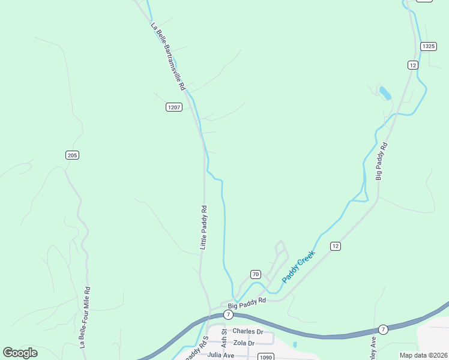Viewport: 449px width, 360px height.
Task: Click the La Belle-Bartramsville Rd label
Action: tap(167, 56)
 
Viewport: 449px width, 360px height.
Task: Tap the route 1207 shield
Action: tap(173, 107)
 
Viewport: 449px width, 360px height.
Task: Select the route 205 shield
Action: tap(72, 155)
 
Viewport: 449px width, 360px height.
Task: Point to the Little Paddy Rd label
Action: tap(203, 227)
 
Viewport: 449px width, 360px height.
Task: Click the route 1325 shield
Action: tap(428, 46)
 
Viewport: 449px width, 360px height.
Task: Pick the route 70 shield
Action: tap(255, 274)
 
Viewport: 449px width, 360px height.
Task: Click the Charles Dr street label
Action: tap(248, 331)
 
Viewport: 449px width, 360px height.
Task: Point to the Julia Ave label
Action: tap(221, 355)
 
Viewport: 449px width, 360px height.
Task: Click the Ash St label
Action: tap(224, 338)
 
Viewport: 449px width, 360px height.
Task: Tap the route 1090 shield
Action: tap(266, 357)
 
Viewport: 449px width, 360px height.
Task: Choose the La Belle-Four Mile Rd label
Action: tap(84, 317)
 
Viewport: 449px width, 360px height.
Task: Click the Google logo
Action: tap(20, 353)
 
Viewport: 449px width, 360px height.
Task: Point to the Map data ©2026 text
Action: tap(424, 355)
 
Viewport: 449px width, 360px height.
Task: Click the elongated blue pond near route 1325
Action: tap(385, 93)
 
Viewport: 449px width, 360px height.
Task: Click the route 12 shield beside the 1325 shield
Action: tap(412, 64)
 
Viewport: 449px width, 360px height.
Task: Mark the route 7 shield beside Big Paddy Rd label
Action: tap(228, 314)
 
